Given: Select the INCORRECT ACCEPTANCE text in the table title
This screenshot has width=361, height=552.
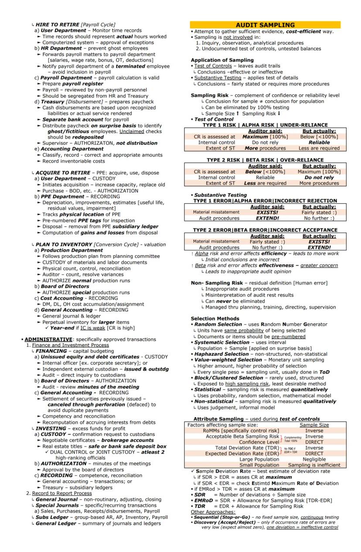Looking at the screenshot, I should click(x=307, y=230).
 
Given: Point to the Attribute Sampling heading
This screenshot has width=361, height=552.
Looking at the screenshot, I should click(x=218, y=419).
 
